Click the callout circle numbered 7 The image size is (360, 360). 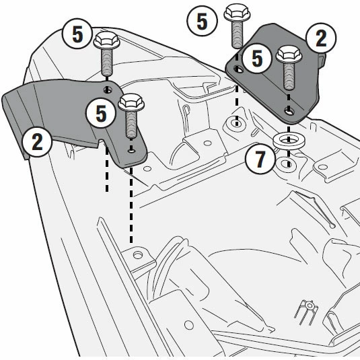click(260, 159)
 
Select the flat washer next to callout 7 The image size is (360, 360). click(289, 140)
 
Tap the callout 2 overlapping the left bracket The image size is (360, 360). click(37, 142)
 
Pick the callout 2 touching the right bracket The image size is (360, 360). click(321, 38)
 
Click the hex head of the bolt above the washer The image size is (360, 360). click(289, 54)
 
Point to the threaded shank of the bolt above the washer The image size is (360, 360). click(289, 76)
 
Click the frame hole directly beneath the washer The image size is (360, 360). click(289, 164)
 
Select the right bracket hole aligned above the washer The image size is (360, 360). click(289, 112)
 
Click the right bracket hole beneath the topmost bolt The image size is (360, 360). click(238, 69)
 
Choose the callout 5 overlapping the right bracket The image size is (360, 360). click(257, 59)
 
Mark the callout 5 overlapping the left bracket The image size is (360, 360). click(101, 113)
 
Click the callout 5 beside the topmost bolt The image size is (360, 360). click(202, 21)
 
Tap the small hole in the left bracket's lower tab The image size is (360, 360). click(131, 151)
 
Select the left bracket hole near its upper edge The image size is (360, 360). click(108, 90)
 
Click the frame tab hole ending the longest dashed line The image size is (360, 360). click(137, 255)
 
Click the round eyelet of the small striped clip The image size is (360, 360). click(310, 305)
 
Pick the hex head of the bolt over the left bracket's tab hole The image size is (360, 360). click(131, 102)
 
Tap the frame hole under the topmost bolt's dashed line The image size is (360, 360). click(237, 124)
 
